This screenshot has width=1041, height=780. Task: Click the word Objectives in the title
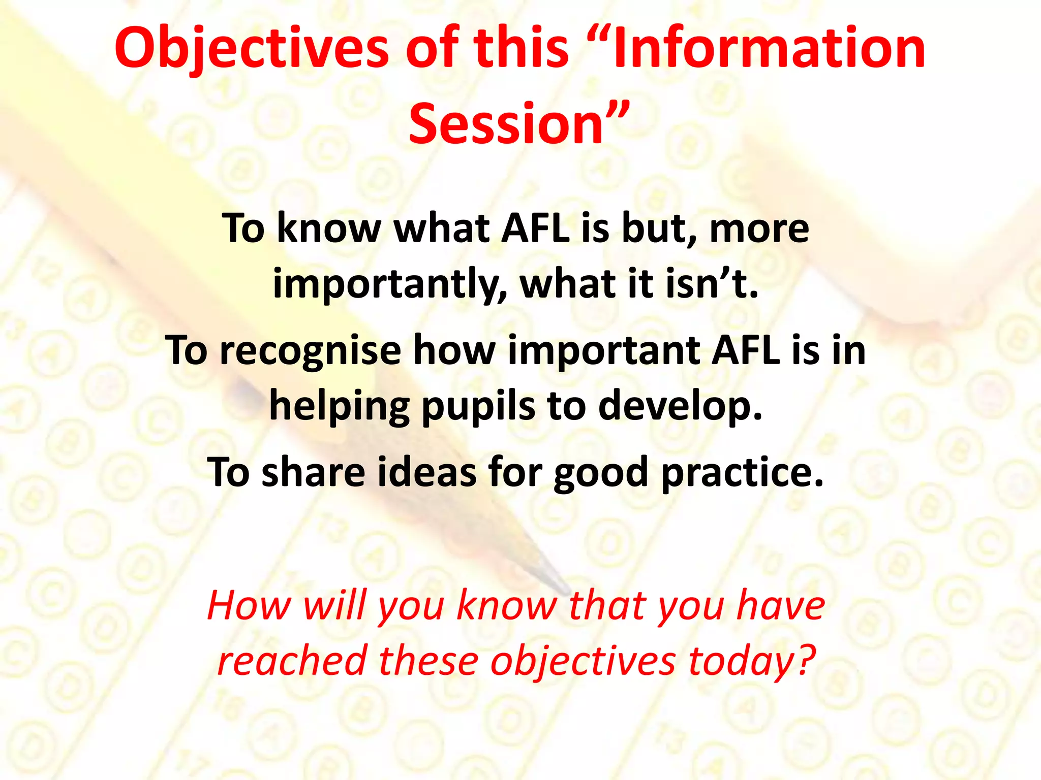tap(252, 49)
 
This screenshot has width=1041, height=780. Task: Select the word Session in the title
tap(506, 123)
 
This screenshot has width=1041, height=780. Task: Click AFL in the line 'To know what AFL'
tap(535, 229)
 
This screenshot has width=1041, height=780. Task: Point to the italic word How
tap(249, 605)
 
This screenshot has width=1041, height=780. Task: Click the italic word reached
tap(292, 661)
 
